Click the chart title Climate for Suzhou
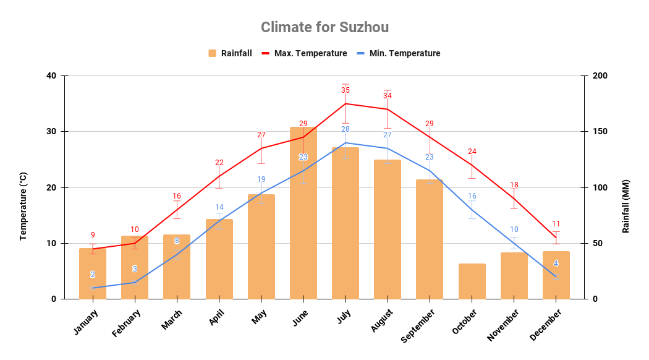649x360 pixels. point(324,27)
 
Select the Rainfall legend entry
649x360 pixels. point(230,53)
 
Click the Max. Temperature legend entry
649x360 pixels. point(304,53)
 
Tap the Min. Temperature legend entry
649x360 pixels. point(398,53)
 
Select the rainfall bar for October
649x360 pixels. point(472,281)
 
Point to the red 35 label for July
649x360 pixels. point(346,90)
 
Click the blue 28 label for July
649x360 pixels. point(346,129)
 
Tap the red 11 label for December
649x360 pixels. point(556,224)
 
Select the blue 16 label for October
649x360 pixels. point(472,196)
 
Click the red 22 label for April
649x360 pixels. point(219,163)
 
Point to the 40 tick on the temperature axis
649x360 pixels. point(51,76)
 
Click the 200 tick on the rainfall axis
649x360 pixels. point(600,76)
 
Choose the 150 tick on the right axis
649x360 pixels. point(600,132)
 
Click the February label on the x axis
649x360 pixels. point(127,324)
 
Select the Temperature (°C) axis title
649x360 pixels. point(23,206)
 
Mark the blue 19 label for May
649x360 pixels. point(261,179)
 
